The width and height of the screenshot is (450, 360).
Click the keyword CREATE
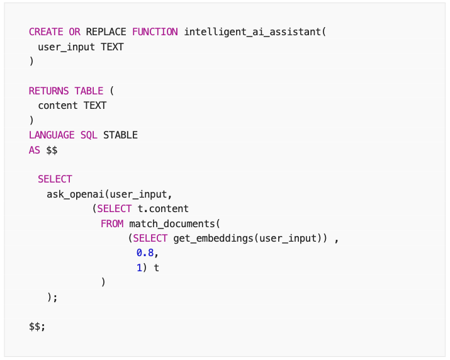(47, 32)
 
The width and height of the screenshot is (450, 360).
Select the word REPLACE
(106, 32)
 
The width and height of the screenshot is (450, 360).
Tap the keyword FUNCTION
(155, 32)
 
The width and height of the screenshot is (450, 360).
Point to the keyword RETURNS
(49, 91)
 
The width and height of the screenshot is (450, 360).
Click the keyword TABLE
(88, 91)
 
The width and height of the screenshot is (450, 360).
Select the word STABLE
(120, 135)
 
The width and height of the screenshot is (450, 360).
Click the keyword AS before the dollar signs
(35, 150)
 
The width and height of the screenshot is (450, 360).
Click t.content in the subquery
(163, 208)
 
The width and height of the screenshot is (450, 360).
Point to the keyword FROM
(112, 223)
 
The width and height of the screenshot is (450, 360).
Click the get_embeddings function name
(210, 238)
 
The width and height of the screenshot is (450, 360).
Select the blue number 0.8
(145, 253)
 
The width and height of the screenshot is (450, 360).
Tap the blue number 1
(139, 267)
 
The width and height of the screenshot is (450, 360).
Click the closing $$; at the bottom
(37, 327)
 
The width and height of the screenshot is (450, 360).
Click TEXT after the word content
(95, 106)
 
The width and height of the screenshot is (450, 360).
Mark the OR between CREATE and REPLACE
(74, 32)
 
